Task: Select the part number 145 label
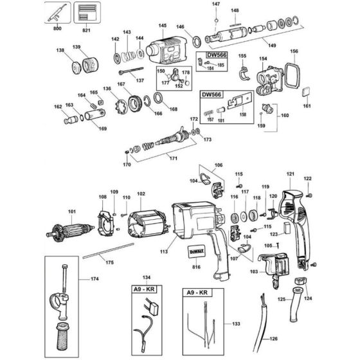pos(163,26)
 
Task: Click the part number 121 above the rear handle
pos(290,174)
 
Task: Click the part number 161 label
pos(307,105)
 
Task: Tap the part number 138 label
pos(60,50)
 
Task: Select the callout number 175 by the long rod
pos(109,262)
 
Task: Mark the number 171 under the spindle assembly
pos(172,157)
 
